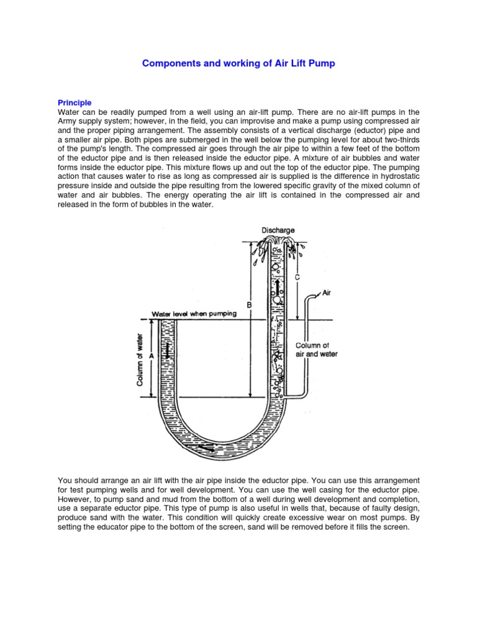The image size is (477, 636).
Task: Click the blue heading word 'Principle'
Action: point(75,102)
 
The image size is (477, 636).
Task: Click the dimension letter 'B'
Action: point(249,304)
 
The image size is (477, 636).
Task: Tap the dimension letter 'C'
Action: point(298,278)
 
